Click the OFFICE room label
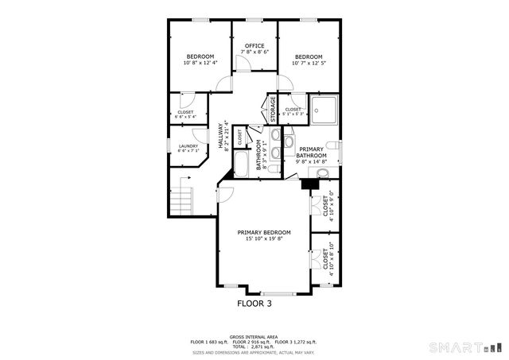click(254, 45)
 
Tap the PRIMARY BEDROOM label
click(263, 232)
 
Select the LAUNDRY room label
click(188, 146)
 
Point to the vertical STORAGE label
click(272, 109)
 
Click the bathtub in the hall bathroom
click(241, 165)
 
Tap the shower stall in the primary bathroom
click(324, 110)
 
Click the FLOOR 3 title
click(254, 303)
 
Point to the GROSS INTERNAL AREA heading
click(254, 336)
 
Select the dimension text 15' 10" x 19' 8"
click(263, 238)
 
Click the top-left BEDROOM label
click(200, 56)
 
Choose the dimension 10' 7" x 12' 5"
click(308, 63)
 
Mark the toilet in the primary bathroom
click(335, 149)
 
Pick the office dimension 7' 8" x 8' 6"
click(254, 52)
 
